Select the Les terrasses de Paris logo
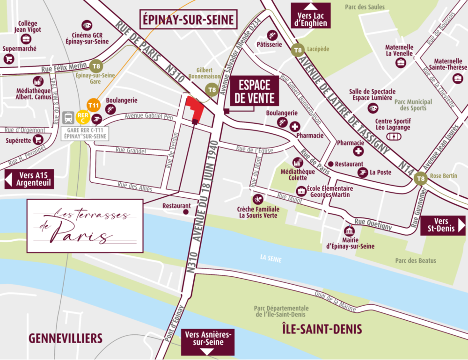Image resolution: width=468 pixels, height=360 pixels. point(85,226)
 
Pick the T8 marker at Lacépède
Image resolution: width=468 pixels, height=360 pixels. point(297,50)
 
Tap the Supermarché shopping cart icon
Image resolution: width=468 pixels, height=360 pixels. point(9,59)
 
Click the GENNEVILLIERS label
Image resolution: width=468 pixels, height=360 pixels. point(66,338)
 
